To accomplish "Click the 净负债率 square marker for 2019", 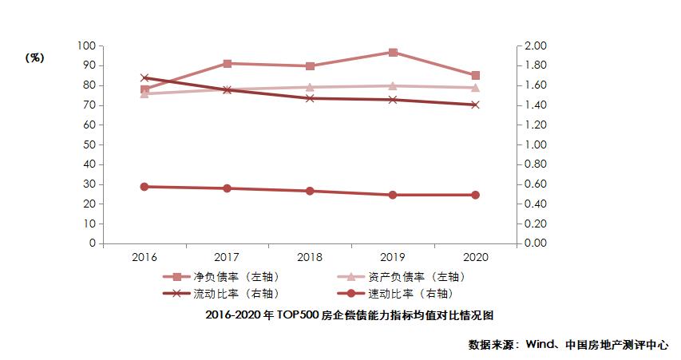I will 393,53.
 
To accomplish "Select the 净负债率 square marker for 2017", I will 228,63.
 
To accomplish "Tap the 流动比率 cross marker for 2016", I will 145,78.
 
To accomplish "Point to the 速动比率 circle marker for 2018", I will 310,191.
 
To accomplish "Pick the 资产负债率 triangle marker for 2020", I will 475,88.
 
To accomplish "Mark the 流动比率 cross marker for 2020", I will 475,105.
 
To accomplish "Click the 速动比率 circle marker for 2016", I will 145,187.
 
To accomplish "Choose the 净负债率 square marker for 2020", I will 475,76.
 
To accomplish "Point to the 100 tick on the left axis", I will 85,46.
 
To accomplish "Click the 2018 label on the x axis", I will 310,258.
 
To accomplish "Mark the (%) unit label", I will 34,57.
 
